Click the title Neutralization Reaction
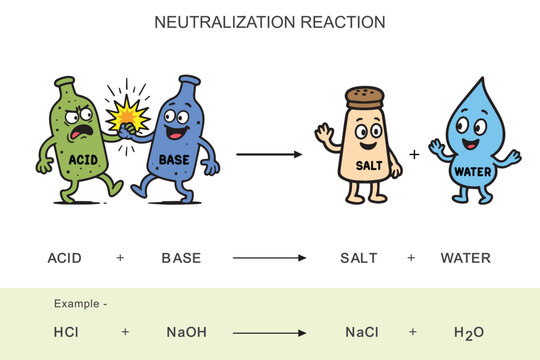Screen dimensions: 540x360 coord(270,22)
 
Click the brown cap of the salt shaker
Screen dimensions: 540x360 coord(365,97)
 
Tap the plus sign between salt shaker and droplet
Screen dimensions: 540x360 coord(414,154)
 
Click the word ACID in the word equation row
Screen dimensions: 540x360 coord(66,258)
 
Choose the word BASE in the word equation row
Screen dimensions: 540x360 coord(181,258)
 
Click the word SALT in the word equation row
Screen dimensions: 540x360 coord(359,258)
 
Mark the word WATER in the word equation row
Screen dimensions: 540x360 coord(466,258)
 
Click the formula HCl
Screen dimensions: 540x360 coord(67,332)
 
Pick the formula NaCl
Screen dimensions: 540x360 coord(361,332)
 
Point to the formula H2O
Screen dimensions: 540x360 coord(468,332)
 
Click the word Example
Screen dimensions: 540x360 coord(79,303)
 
